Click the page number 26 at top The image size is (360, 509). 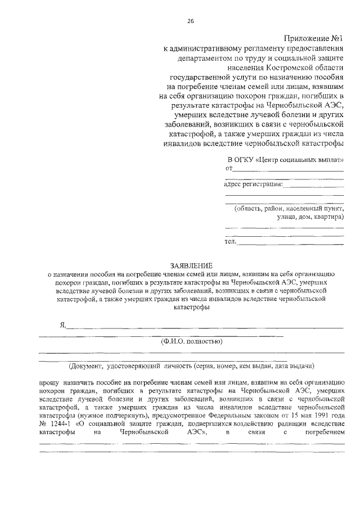(x=190, y=21)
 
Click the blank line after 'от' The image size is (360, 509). (x=288, y=169)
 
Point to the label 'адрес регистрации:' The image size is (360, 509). (x=253, y=183)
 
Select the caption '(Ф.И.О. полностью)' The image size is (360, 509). (x=191, y=341)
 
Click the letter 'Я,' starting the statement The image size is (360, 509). (x=64, y=325)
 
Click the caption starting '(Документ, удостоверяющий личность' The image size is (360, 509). (x=191, y=366)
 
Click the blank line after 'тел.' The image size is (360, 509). (x=291, y=244)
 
